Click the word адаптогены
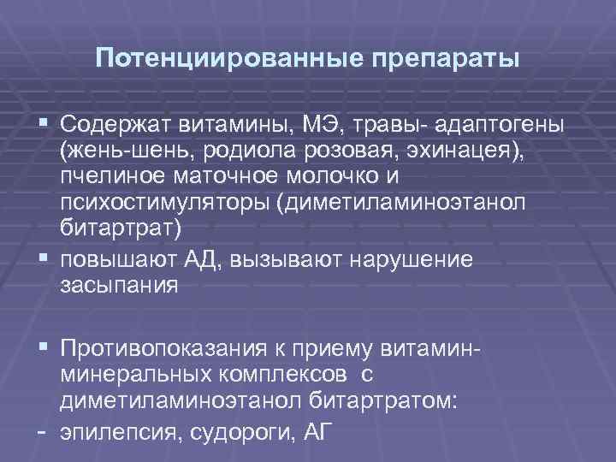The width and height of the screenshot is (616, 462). pos(499,127)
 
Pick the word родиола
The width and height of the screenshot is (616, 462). pos(243,152)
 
